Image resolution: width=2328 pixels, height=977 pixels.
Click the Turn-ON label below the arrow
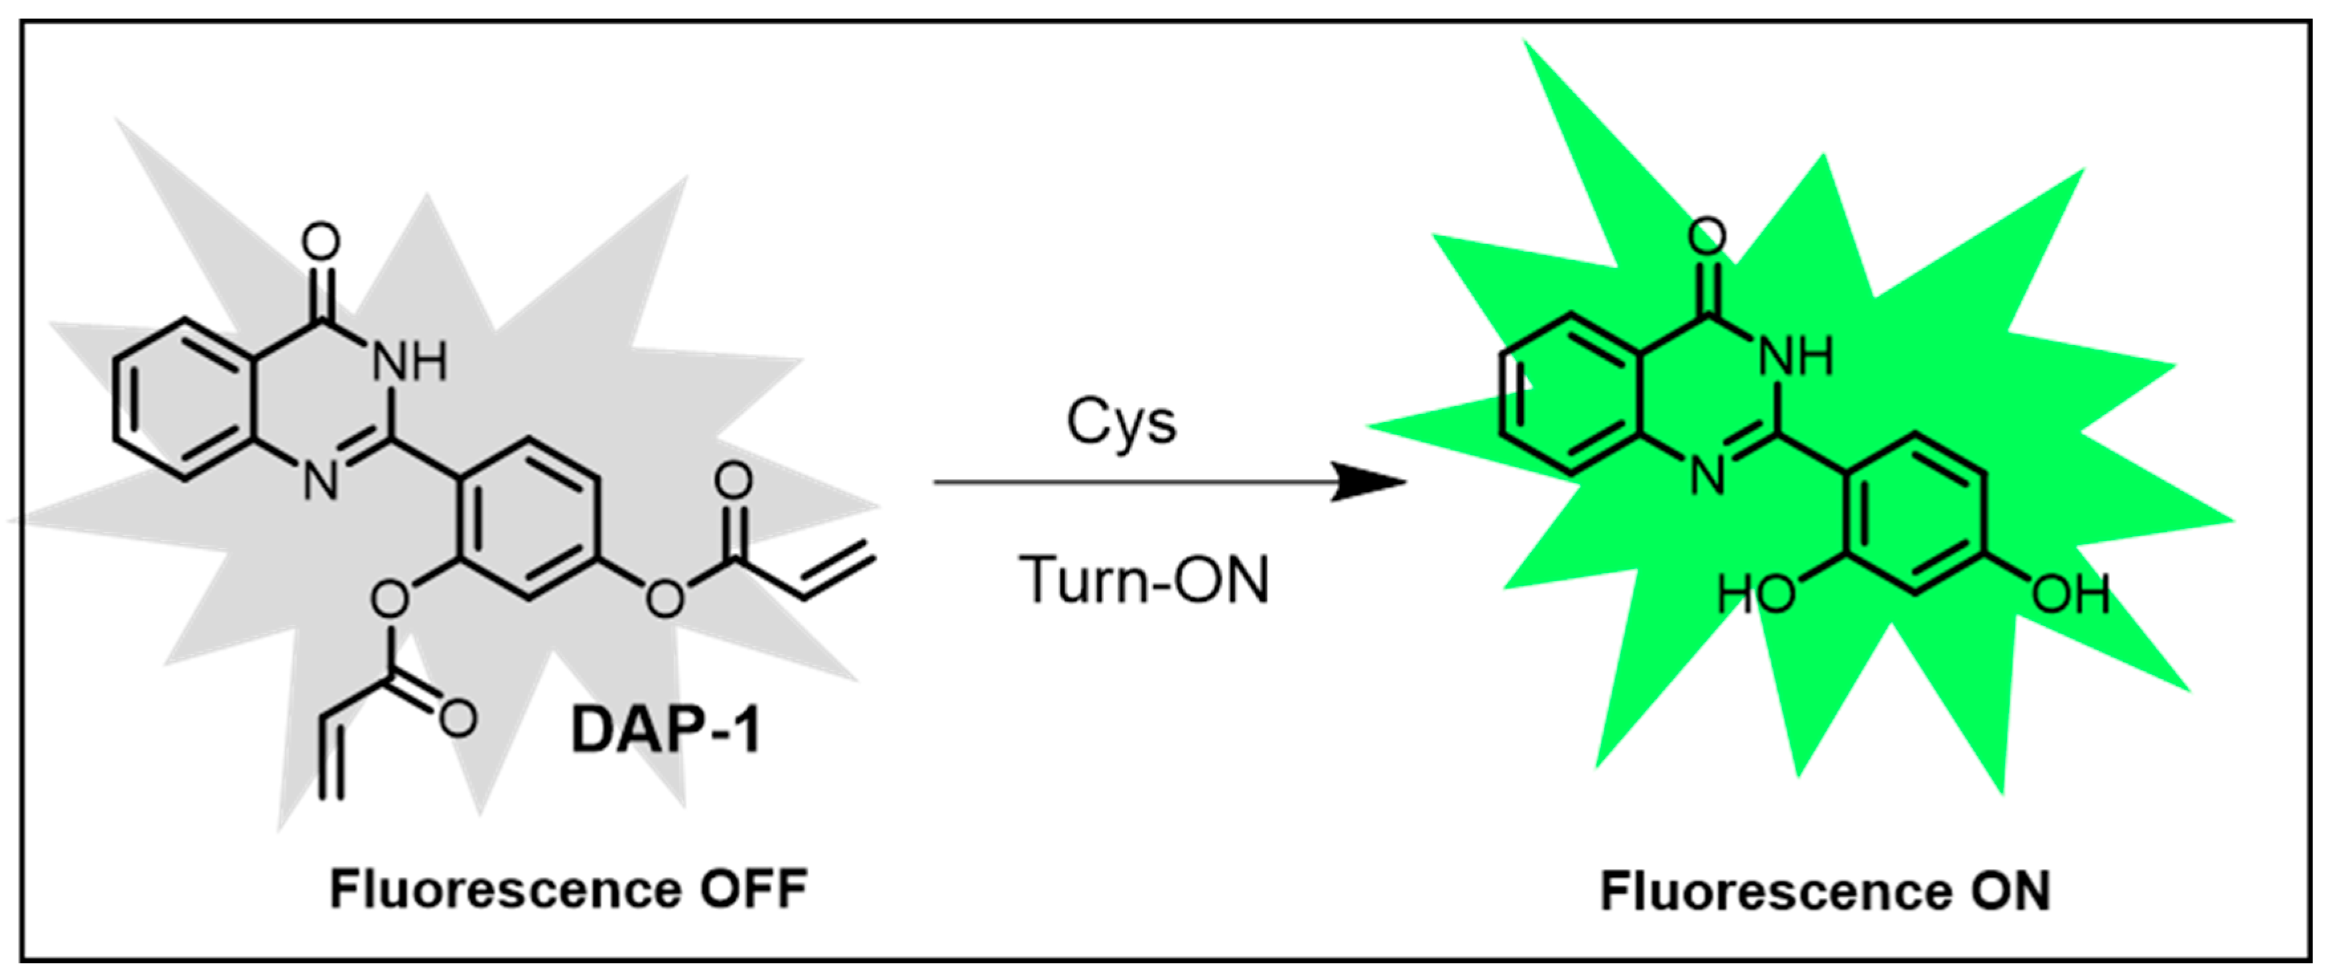1144,580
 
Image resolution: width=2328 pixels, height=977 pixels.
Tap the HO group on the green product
1755,596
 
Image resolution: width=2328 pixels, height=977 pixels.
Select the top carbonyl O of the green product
1707,237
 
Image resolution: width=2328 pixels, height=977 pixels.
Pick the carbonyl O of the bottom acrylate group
458,720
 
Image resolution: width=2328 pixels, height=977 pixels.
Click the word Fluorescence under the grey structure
506,889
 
